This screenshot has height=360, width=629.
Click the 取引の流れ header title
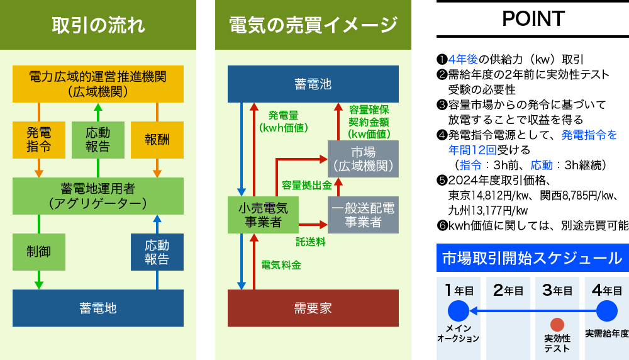(x=98, y=25)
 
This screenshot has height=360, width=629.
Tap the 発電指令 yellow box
(x=39, y=140)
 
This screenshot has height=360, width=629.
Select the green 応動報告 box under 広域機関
(x=98, y=140)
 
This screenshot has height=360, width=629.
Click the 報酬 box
(x=157, y=140)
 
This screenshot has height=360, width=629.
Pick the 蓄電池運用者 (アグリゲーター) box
(x=98, y=196)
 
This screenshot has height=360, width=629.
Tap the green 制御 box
(x=39, y=252)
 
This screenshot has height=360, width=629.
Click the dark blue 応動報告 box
(x=157, y=252)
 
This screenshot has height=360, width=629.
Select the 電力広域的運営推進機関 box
(x=98, y=84)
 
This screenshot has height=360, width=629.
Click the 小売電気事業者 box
(x=263, y=215)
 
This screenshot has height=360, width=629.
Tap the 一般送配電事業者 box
(x=364, y=215)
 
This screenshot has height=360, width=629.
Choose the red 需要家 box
(x=313, y=308)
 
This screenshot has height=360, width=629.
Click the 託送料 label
(x=311, y=241)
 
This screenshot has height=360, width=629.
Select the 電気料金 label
(x=281, y=265)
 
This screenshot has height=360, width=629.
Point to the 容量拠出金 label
(x=306, y=185)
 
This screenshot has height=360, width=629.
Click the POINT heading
(x=533, y=19)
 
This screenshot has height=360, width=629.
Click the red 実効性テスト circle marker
(x=557, y=325)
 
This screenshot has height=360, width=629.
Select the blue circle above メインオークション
(x=459, y=311)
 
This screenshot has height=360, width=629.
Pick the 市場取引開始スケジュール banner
(x=532, y=258)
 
